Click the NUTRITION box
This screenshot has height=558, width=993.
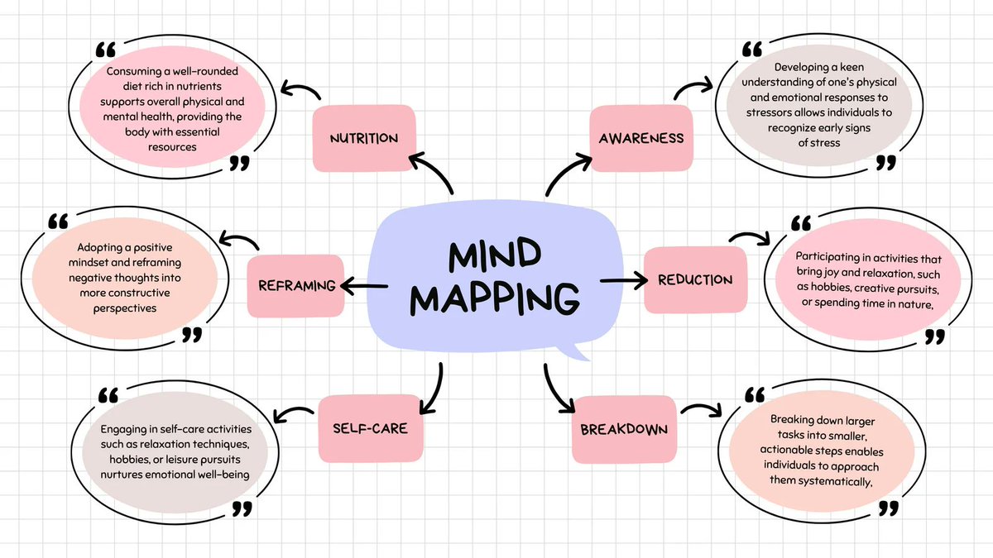coord(363,138)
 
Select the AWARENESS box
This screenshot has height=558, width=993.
coord(641,138)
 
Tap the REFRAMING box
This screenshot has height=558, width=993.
coord(296,286)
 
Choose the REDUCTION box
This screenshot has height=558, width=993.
coord(695,280)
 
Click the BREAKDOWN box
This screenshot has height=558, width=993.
coord(624,430)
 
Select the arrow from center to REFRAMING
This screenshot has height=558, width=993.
coord(363,286)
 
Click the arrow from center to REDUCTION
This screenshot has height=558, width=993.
coord(622,281)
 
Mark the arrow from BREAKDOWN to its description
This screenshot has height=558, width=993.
coord(702,409)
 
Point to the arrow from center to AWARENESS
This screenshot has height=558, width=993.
coord(564,169)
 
